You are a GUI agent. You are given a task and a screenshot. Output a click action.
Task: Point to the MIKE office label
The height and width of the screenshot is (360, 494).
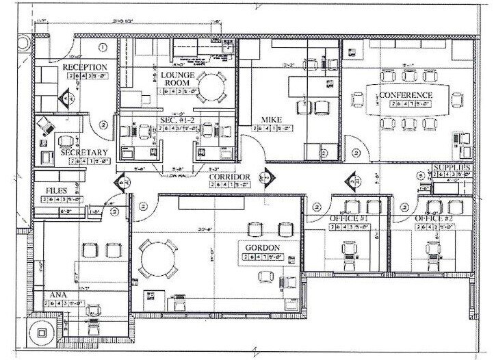tap(267, 120)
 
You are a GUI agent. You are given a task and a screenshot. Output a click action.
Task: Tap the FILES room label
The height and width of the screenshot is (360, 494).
tap(56, 190)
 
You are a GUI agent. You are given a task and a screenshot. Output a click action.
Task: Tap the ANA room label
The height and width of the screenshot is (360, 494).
tap(58, 295)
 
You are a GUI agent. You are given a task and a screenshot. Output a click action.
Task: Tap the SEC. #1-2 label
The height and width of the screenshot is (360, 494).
tap(175, 119)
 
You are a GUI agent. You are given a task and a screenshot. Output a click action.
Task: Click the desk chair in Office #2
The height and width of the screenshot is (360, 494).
tap(433, 247)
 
